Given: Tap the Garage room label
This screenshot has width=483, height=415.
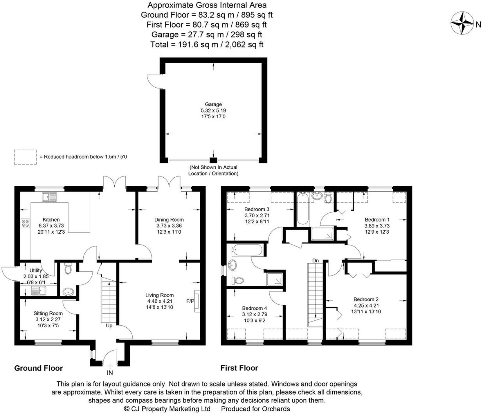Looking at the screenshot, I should (213, 104).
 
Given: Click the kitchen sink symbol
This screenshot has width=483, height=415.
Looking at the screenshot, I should (49, 197).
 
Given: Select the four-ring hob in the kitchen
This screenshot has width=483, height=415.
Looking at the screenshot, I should (25, 223).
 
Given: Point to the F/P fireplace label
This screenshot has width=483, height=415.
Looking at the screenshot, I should (190, 301).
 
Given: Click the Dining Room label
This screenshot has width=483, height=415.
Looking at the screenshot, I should (169, 220).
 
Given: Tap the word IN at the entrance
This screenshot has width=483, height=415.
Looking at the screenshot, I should (110, 373).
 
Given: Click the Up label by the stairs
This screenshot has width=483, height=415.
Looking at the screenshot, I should (109, 326).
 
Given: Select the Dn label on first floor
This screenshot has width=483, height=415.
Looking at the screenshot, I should (315, 261).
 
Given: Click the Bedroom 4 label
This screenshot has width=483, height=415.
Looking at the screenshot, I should (254, 308).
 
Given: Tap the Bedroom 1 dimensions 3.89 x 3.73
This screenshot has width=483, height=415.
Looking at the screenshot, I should (377, 226).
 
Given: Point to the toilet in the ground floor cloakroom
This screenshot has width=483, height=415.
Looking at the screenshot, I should (68, 269).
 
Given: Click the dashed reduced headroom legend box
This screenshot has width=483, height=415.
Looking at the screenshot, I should (25, 157).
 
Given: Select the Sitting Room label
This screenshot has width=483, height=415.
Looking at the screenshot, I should (48, 313).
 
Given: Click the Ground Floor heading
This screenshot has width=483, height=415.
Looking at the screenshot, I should (38, 368).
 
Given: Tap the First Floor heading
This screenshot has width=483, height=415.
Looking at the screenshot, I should (239, 368).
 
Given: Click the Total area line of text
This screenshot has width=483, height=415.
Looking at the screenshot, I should (207, 44).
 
